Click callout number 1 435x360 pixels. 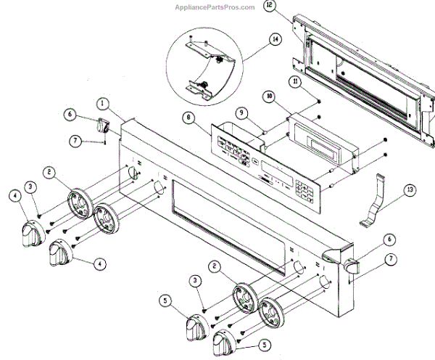click(104, 104)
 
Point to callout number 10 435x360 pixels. click(269, 95)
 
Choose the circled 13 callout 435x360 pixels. click(410, 190)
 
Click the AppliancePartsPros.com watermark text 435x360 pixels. click(215, 7)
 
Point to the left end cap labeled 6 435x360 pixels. click(104, 126)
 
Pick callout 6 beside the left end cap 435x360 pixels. click(70, 114)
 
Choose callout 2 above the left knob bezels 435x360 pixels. click(49, 172)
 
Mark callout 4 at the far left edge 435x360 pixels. click(14, 195)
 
